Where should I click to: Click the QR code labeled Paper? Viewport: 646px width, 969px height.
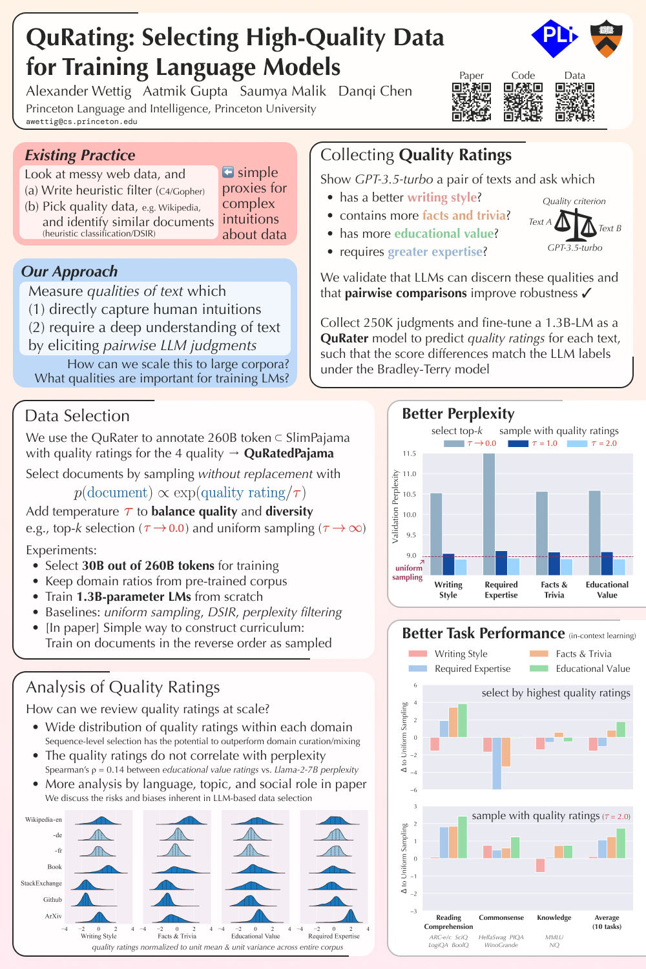pyautogui.click(x=472, y=102)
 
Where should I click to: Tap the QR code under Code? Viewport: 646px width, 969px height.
pyautogui.click(x=523, y=102)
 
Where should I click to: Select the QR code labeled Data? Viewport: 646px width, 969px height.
pyautogui.click(x=574, y=102)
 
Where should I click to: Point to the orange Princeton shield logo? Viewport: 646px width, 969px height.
pyautogui.click(x=605, y=38)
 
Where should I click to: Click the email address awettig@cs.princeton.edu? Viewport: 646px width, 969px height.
pyautogui.click(x=81, y=121)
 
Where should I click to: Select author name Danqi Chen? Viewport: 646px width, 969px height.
pyautogui.click(x=375, y=91)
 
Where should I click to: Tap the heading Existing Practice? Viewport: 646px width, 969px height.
pyautogui.click(x=80, y=155)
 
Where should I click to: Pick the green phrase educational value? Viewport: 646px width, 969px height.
pyautogui.click(x=444, y=233)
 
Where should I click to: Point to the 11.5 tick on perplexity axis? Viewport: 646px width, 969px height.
pyautogui.click(x=410, y=453)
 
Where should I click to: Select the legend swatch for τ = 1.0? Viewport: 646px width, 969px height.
pyautogui.click(x=517, y=443)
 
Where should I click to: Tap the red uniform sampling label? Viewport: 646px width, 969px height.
pyautogui.click(x=408, y=572)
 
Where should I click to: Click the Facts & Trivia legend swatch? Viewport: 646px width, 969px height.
pyautogui.click(x=539, y=654)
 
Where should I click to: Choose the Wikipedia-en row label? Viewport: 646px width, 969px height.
pyautogui.click(x=43, y=820)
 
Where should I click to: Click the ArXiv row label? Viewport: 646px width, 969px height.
pyautogui.click(x=53, y=916)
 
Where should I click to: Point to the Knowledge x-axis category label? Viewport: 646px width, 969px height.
pyautogui.click(x=554, y=917)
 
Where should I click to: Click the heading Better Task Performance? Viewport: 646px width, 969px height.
pyautogui.click(x=483, y=633)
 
